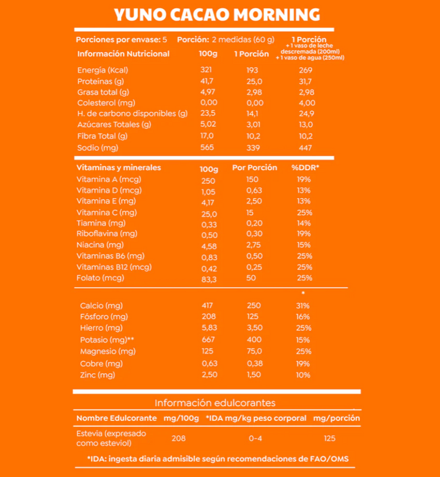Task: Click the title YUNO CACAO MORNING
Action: (x=217, y=14)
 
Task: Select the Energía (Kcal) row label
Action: (x=103, y=70)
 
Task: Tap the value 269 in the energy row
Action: (x=306, y=70)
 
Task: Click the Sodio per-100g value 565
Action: (x=208, y=147)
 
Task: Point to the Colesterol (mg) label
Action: (x=106, y=103)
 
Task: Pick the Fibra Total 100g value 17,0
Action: (x=208, y=136)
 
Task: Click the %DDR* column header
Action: (x=306, y=168)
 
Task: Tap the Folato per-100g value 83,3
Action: (x=209, y=279)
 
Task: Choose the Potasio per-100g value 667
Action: (x=208, y=339)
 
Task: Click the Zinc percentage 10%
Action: (x=303, y=375)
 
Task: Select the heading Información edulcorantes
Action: (x=215, y=403)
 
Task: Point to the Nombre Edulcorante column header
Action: (x=116, y=418)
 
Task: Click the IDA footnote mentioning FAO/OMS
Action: (x=218, y=459)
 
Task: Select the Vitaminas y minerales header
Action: (x=119, y=167)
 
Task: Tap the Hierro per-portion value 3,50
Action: (x=255, y=328)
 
